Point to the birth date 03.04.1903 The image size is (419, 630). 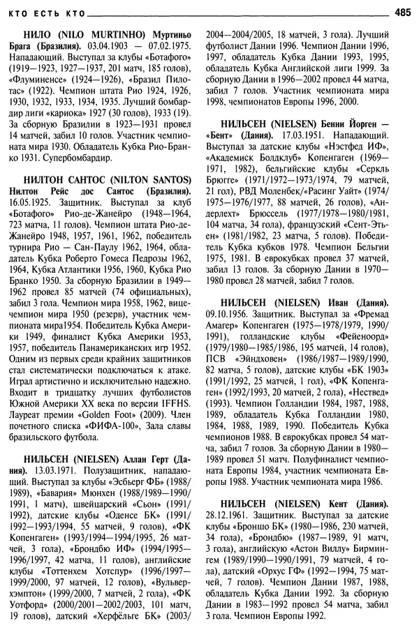pyautogui.click(x=93, y=47)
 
